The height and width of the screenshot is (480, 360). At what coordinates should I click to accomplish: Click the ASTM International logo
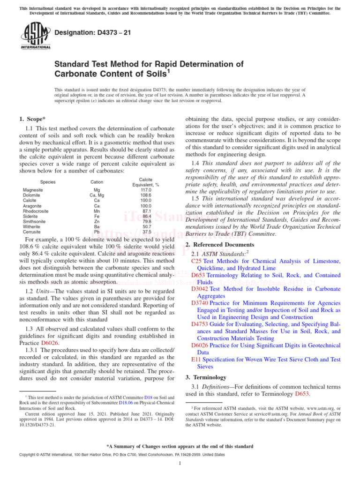[35, 36]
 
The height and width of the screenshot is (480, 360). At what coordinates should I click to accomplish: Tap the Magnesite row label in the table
[33, 190]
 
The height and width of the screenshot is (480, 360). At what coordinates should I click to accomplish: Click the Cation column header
[97, 182]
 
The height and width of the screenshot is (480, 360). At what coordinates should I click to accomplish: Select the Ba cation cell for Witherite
[97, 226]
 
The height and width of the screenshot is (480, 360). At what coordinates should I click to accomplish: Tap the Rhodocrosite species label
[36, 211]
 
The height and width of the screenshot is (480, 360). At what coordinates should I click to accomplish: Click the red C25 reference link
[196, 260]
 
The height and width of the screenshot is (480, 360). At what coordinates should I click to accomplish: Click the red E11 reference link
[196, 359]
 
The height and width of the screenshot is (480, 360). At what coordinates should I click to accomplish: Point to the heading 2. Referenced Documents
[219, 245]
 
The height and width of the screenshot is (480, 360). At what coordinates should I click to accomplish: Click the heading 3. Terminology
[206, 377]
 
